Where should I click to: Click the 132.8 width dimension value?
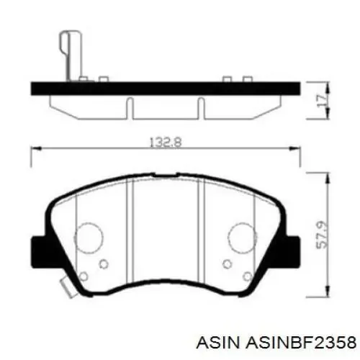(x=166, y=142)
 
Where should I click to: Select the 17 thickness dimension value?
(x=322, y=100)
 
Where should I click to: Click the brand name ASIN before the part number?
(x=218, y=342)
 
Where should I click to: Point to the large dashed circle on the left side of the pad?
(x=89, y=238)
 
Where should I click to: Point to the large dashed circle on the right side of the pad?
(x=243, y=238)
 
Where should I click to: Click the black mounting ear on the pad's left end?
(x=40, y=252)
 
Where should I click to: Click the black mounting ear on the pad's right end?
(x=292, y=252)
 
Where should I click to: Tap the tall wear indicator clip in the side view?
(x=71, y=55)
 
